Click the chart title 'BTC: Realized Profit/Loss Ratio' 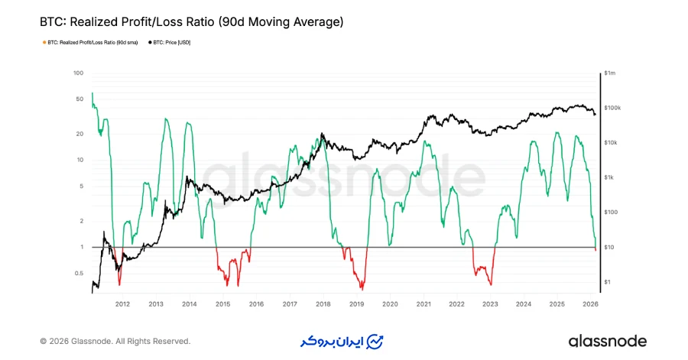click(x=191, y=22)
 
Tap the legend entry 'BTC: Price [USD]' click(x=170, y=43)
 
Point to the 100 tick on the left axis click(x=78, y=73)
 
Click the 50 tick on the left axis click(x=79, y=99)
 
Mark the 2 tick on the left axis click(x=80, y=221)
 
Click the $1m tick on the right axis click(x=609, y=73)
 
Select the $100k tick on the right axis click(x=612, y=109)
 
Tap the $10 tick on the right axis click(x=608, y=248)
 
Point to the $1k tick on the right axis click(x=609, y=178)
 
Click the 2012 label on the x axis click(x=122, y=304)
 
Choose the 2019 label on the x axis click(x=356, y=304)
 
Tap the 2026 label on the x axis click(x=590, y=304)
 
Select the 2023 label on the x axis click(x=490, y=304)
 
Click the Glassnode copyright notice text click(x=115, y=341)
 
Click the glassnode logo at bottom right click(x=607, y=341)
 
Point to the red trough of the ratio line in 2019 click(x=362, y=287)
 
